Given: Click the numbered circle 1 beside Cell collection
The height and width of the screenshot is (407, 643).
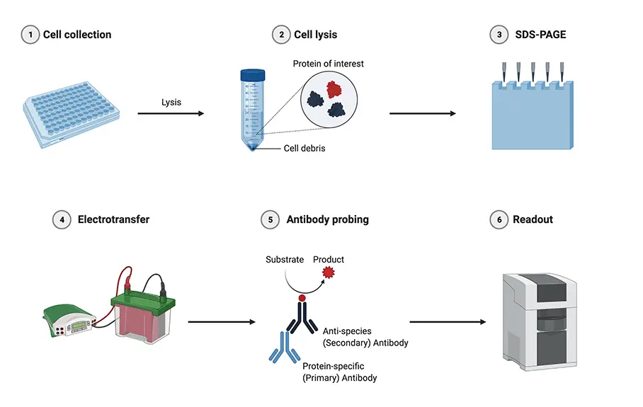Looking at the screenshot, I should click(x=30, y=35).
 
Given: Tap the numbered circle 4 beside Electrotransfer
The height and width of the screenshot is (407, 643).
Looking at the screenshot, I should click(x=62, y=219).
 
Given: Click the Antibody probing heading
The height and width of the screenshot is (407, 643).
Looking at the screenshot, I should click(x=327, y=219).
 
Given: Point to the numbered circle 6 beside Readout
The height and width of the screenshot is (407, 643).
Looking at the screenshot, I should click(x=499, y=219).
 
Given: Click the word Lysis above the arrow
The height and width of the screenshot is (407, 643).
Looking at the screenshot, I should click(x=171, y=102).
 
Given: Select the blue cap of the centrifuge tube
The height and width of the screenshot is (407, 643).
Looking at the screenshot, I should click(x=253, y=74).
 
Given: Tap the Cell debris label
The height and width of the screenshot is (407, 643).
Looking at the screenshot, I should click(x=305, y=149).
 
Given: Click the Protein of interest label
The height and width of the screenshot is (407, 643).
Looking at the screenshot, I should click(x=328, y=64).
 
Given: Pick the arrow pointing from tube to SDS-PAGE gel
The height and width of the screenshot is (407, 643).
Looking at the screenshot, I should click(x=422, y=113).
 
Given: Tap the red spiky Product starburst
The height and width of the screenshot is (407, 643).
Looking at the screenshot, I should click(x=327, y=273).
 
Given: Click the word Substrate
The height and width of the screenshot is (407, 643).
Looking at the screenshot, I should click(x=285, y=260).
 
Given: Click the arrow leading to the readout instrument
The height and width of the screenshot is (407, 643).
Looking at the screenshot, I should click(x=448, y=322).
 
